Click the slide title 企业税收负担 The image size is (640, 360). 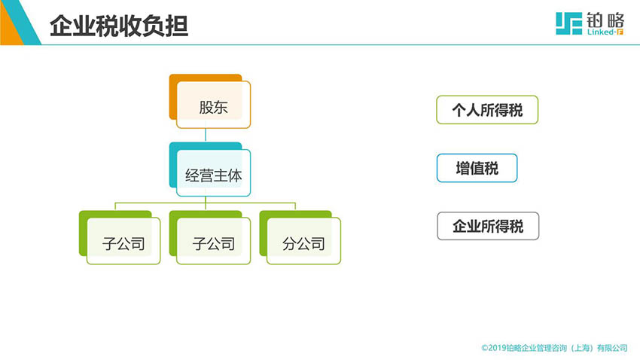point(119,26)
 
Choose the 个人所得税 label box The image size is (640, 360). point(487,110)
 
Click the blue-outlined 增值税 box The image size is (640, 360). point(477,168)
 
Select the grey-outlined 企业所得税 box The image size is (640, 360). point(488,226)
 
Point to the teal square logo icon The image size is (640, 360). point(568,23)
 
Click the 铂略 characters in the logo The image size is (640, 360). point(605,20)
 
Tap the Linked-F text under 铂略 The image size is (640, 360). point(605,32)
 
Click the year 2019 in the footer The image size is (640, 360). point(497,348)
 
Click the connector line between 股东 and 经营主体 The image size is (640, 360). point(206,135)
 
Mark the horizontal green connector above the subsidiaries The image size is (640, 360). point(206,203)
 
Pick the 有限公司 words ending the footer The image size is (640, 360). point(612,348)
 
